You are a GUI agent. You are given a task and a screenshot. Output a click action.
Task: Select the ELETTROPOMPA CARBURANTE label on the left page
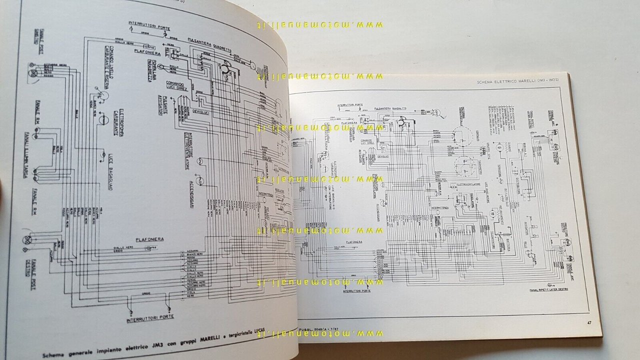pyautogui.click(x=118, y=123)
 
